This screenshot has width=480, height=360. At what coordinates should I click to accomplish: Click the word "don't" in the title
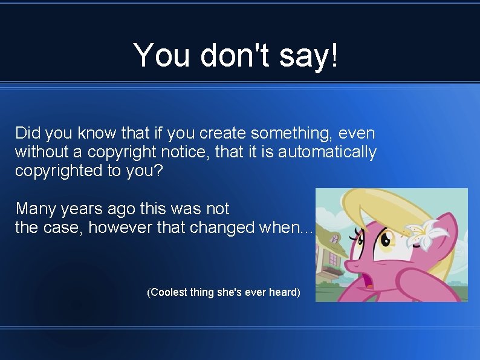coord(230,55)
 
